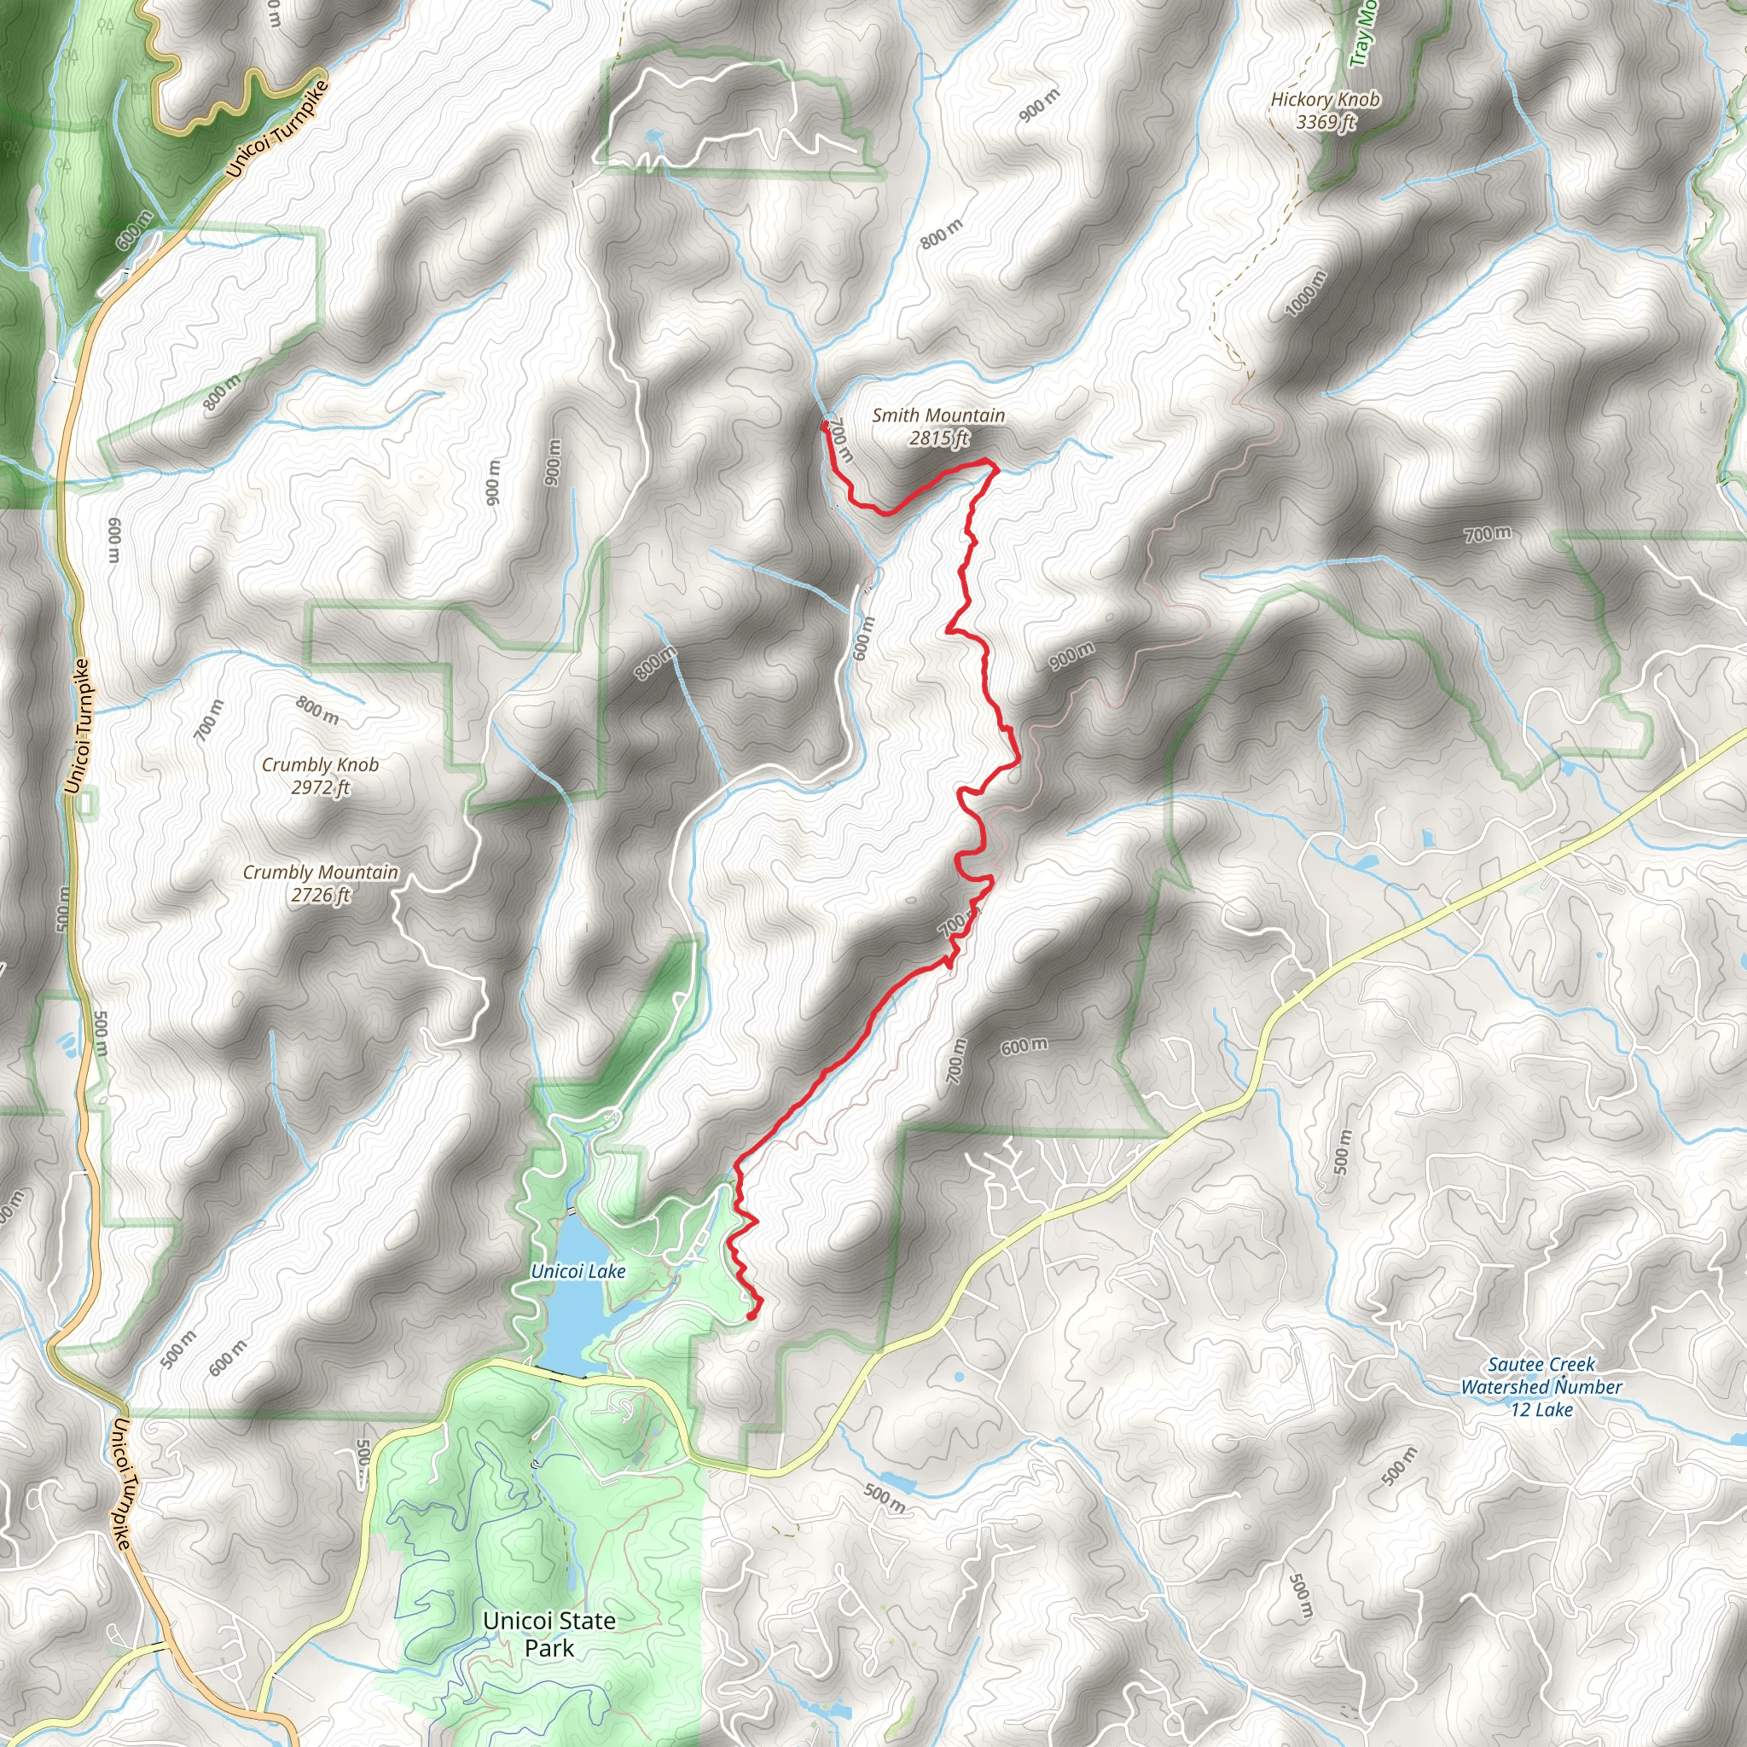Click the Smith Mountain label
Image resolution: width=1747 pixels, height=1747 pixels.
tap(937, 415)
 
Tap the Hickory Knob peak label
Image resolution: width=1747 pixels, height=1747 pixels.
tap(1325, 100)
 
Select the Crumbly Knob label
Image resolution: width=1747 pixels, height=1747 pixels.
tap(320, 764)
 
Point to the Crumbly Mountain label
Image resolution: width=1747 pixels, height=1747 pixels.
tap(320, 872)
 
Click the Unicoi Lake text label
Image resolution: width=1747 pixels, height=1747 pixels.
tap(577, 1271)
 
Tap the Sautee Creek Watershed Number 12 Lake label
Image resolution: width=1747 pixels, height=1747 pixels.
tap(1541, 1386)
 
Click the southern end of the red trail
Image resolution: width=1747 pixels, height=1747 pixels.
tap(752, 1315)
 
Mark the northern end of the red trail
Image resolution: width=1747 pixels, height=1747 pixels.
tap(825, 423)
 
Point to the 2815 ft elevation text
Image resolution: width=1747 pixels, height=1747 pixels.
tap(938, 438)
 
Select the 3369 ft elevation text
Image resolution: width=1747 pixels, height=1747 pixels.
tap(1326, 122)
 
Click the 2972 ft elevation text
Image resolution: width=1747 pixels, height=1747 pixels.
tap(320, 787)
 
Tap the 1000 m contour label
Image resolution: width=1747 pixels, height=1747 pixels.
tap(1305, 293)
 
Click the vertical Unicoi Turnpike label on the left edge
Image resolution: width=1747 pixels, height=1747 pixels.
tap(78, 726)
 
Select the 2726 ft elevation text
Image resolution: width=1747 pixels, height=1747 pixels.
tap(320, 895)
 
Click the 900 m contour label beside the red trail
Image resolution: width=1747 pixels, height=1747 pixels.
tap(1071, 656)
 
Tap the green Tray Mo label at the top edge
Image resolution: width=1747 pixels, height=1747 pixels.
tap(1362, 34)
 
